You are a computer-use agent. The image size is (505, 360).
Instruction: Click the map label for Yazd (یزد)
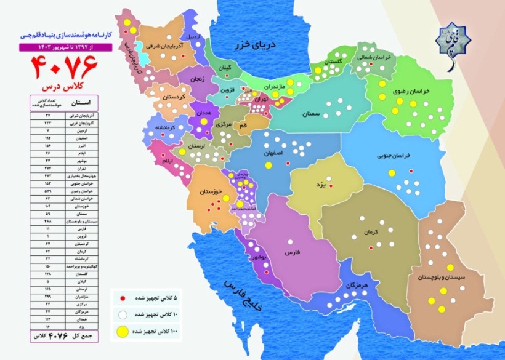[318, 184]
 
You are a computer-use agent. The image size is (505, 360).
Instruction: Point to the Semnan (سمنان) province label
[315, 114]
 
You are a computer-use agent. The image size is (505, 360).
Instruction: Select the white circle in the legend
[122, 314]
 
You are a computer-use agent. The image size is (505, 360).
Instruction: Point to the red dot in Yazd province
[331, 185]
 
